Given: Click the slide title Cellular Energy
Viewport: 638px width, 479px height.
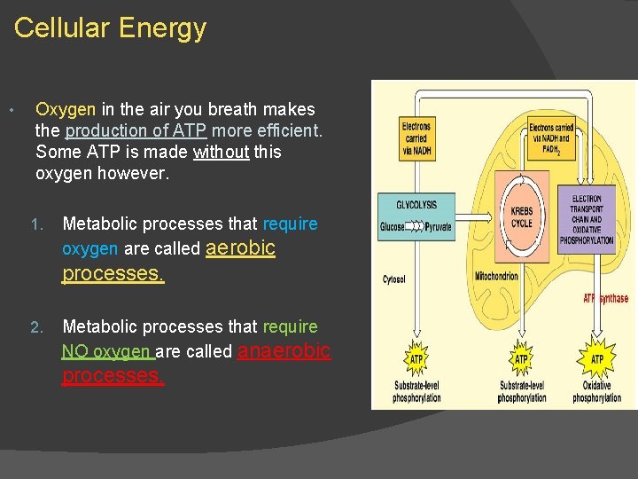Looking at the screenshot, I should click(x=110, y=28).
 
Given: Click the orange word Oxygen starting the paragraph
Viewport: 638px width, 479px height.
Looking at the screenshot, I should click(x=66, y=110).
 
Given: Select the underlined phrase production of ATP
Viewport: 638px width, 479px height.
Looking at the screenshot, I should click(x=136, y=131).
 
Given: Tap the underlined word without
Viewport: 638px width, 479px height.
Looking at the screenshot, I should click(x=221, y=153).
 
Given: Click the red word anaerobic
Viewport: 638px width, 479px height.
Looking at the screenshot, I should click(x=284, y=351).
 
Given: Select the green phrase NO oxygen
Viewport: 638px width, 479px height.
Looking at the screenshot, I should click(x=107, y=352).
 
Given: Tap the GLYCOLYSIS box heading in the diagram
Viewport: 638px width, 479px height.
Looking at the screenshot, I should click(x=416, y=205).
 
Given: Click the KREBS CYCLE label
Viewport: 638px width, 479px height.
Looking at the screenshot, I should click(x=521, y=217).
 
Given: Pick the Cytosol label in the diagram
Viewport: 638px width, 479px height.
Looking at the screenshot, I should click(x=394, y=279).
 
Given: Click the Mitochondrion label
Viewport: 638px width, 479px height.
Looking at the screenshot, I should click(x=495, y=277).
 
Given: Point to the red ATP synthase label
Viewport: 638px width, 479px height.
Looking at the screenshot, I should click(x=605, y=299).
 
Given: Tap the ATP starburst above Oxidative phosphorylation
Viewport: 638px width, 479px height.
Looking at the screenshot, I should click(x=596, y=358).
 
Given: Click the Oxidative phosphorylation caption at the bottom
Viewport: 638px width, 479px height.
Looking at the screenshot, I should click(x=596, y=392).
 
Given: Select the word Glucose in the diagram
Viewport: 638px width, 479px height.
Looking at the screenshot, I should click(x=393, y=227).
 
